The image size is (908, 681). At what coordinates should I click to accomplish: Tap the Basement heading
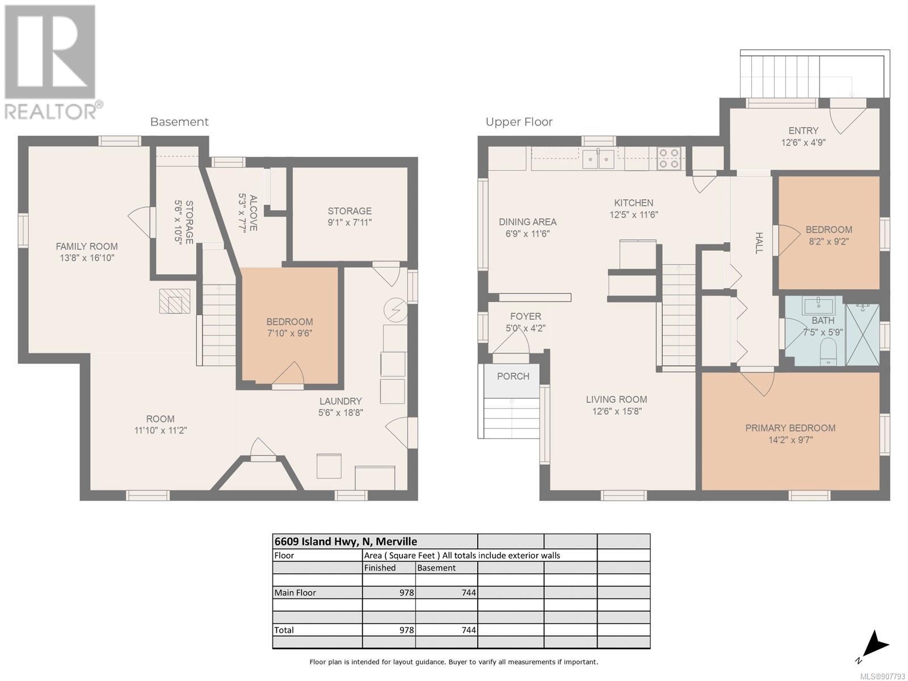coord(179,122)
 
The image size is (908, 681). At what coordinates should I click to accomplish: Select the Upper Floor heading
coord(519,122)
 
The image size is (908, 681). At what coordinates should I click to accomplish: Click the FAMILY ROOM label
coord(86,246)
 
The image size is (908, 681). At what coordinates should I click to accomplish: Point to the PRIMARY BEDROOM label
coord(790,428)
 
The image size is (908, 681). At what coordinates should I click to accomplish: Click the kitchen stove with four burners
coord(669,158)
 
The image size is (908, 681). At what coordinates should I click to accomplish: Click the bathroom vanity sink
coord(818,306)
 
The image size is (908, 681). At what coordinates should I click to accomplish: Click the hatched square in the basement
coord(175,301)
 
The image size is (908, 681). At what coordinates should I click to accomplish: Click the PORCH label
coord(513,376)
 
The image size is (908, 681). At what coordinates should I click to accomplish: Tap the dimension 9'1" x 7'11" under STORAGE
coord(350,222)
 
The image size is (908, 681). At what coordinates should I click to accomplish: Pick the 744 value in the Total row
coord(469,630)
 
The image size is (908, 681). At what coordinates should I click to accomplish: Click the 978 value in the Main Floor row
coord(407,592)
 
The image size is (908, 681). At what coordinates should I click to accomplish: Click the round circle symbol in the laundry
coord(396,310)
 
